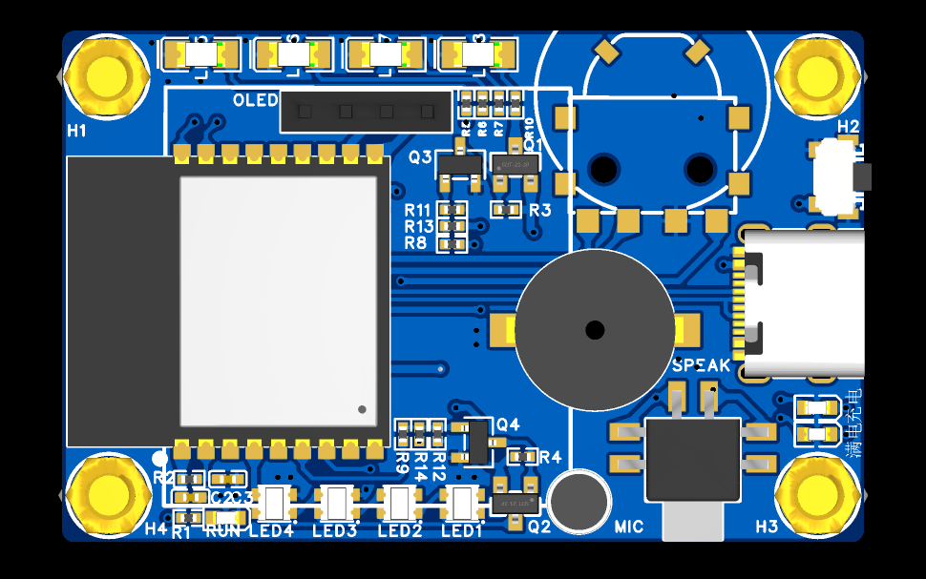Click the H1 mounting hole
click(105, 76)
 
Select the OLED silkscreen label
click(256, 100)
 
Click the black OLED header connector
click(366, 112)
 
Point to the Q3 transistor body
click(459, 167)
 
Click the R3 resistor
click(506, 208)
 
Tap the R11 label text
click(418, 210)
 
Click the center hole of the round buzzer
click(595, 330)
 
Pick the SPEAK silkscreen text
click(702, 365)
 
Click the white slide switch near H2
click(835, 176)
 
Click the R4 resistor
click(523, 457)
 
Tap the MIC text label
click(629, 527)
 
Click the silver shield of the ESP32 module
click(278, 300)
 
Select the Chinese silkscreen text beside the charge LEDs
click(855, 421)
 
